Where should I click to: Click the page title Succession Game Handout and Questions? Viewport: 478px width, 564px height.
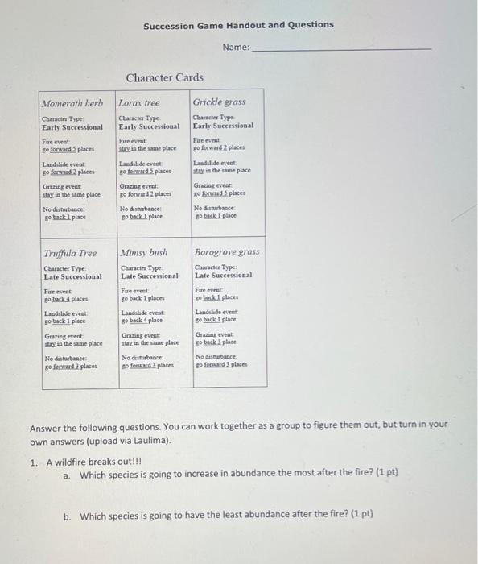[x=238, y=25]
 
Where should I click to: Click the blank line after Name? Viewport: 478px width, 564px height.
[x=341, y=48]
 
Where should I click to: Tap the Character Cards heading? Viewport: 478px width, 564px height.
[x=164, y=77]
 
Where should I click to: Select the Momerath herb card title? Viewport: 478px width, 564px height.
[x=72, y=104]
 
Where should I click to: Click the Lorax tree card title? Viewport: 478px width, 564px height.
[x=139, y=103]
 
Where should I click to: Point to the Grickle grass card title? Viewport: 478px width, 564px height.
[x=219, y=102]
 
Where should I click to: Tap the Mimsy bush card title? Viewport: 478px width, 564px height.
[x=143, y=253]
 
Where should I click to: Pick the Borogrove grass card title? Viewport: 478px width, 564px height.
[x=227, y=252]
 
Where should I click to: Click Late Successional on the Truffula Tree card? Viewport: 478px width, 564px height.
[x=73, y=276]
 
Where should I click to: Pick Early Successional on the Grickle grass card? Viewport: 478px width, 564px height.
[x=223, y=126]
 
